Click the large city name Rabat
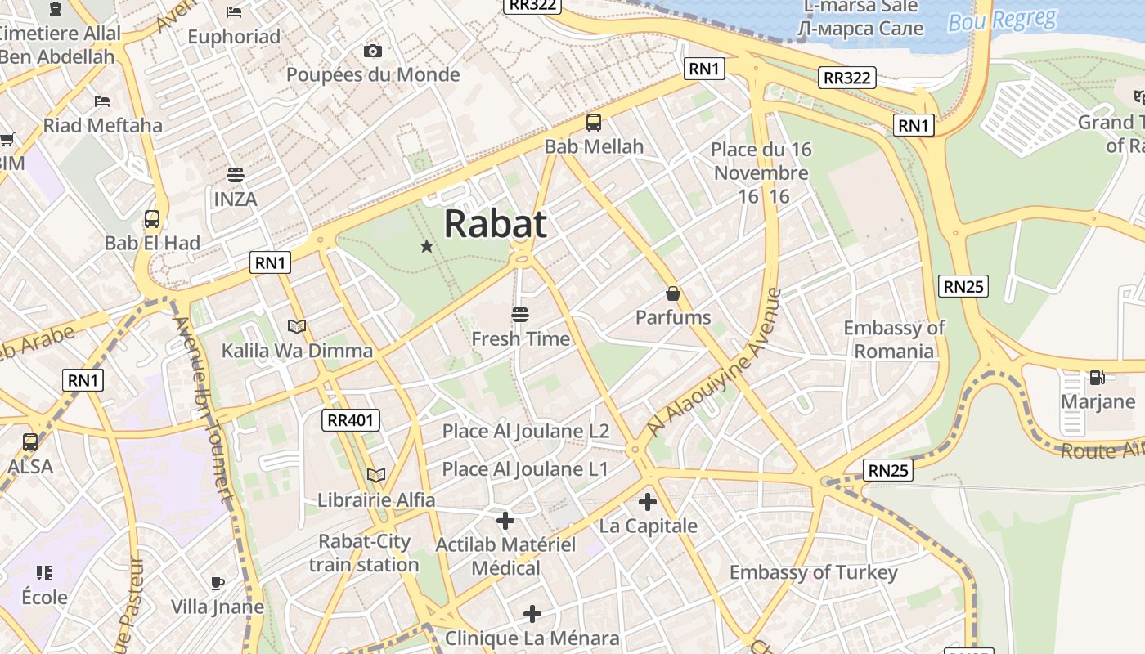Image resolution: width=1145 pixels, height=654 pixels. click(x=495, y=223)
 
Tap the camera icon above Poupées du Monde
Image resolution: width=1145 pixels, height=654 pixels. click(x=373, y=52)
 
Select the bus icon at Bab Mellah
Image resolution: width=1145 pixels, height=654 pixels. click(x=594, y=123)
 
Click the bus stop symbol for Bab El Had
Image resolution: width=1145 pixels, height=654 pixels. click(x=152, y=219)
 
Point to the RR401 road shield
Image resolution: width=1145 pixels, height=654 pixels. click(x=351, y=420)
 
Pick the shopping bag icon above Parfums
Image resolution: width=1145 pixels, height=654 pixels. click(x=673, y=293)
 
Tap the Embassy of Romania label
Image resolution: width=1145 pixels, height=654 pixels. click(x=894, y=339)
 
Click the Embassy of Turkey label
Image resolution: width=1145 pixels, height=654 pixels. click(x=813, y=572)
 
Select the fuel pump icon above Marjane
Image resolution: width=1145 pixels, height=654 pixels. click(x=1097, y=378)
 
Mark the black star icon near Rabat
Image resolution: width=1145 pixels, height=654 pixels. click(x=426, y=246)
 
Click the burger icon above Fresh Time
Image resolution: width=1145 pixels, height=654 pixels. click(x=520, y=314)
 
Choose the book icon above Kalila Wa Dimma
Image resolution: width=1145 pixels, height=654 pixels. click(x=297, y=327)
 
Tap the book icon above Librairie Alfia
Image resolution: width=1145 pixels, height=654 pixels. click(x=376, y=475)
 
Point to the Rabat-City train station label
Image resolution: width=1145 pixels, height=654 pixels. click(x=364, y=553)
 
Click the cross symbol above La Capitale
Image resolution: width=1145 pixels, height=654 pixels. click(x=648, y=501)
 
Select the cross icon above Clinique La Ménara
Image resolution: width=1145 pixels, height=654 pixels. click(x=532, y=613)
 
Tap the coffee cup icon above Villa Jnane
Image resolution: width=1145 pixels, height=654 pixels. click(x=217, y=583)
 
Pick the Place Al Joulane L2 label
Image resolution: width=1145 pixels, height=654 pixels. click(x=526, y=431)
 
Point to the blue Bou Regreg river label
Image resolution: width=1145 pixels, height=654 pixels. click(x=1002, y=20)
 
